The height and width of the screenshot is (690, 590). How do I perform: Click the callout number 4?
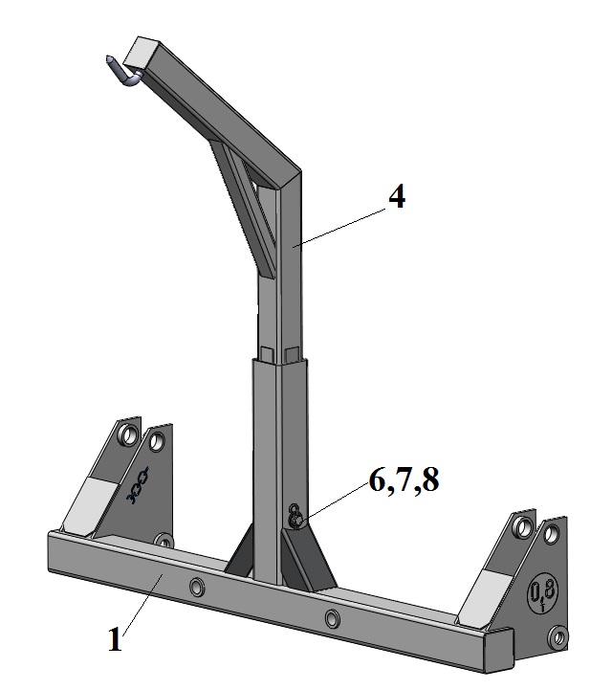(397, 197)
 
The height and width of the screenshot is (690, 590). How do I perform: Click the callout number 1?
(115, 639)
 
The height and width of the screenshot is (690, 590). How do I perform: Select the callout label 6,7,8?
(404, 479)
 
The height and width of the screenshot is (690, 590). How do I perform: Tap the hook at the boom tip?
(122, 72)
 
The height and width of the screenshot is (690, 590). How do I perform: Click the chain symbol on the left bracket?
(138, 485)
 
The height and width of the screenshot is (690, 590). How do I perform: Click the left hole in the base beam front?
(197, 587)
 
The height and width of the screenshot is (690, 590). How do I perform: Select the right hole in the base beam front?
(333, 618)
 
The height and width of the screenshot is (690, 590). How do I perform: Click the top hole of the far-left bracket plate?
(129, 435)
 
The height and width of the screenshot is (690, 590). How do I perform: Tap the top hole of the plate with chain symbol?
(157, 441)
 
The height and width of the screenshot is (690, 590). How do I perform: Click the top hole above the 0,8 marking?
(550, 534)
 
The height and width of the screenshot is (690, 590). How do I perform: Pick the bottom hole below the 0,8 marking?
(558, 636)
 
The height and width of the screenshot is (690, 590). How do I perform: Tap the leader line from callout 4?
(339, 227)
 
